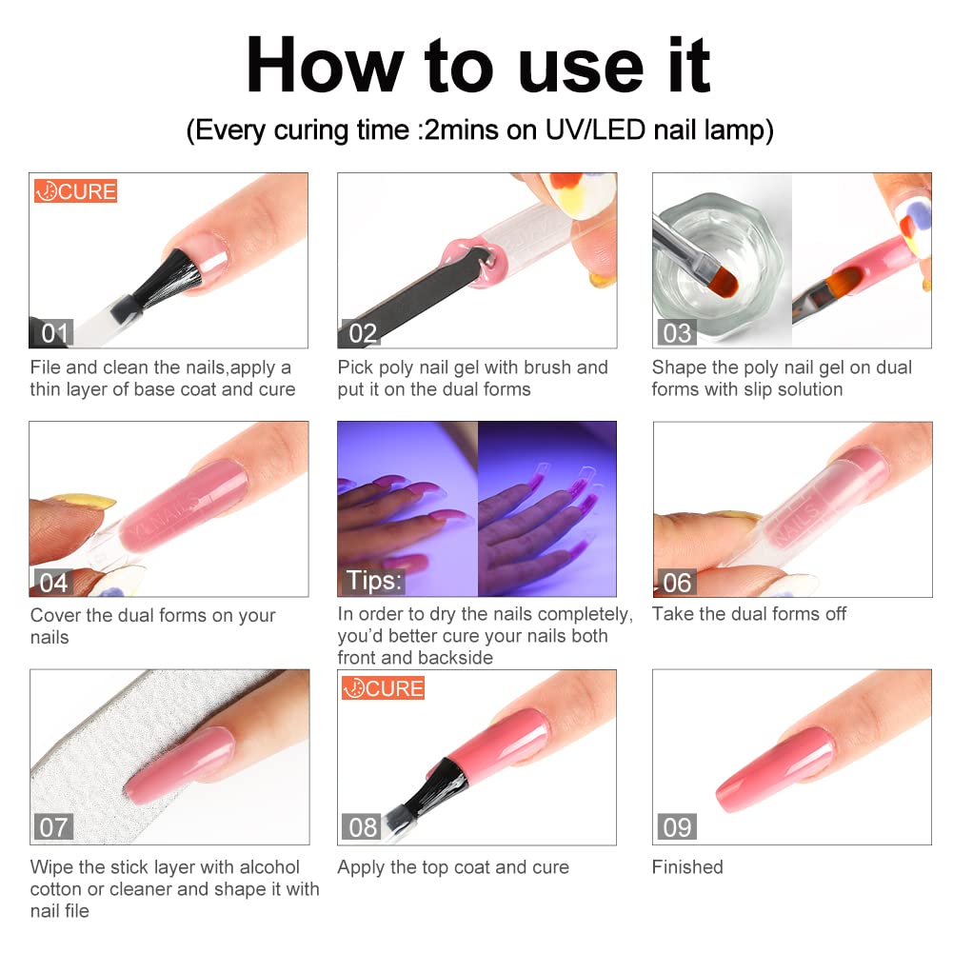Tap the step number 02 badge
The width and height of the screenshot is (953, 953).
click(x=361, y=333)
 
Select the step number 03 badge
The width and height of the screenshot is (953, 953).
click(x=677, y=333)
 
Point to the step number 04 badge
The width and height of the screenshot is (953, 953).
click(x=53, y=583)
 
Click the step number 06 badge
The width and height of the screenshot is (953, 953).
click(x=677, y=583)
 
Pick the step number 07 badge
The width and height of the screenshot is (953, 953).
click(x=53, y=826)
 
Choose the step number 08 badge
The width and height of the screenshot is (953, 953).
click(x=362, y=826)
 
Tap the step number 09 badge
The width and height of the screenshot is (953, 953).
click(x=677, y=826)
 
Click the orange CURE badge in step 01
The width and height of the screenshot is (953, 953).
click(x=75, y=190)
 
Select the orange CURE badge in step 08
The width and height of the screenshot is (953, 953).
click(x=383, y=688)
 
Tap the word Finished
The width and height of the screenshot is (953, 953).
click(x=687, y=866)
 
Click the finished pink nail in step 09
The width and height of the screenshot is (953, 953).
click(x=775, y=769)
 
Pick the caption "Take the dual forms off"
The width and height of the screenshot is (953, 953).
click(x=748, y=614)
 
